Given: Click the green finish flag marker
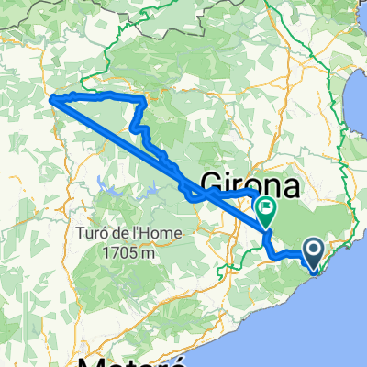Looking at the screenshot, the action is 265,211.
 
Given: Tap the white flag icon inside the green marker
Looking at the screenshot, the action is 265,208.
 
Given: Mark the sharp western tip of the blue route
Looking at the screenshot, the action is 50,98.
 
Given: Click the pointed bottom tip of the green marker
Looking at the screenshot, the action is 265,228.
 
